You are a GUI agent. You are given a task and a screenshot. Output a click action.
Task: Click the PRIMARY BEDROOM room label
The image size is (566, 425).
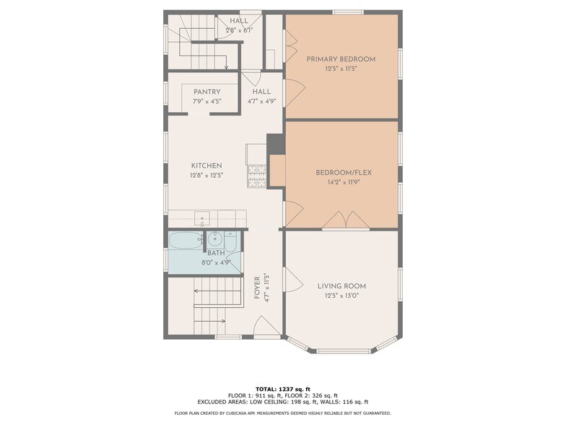click(x=341, y=59)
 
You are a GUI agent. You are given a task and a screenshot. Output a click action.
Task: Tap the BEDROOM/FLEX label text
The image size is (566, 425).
click(x=344, y=173)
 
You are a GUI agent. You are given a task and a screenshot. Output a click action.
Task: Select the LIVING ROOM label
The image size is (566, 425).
click(x=341, y=286)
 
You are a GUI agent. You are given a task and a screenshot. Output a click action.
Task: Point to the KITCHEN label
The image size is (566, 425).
click(x=206, y=166)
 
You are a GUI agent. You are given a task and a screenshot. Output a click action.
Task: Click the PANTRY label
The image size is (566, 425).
click(x=206, y=93)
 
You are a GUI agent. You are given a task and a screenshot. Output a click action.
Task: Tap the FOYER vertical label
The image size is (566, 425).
click(x=257, y=288)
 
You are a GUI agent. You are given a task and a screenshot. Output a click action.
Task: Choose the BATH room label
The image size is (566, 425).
click(x=216, y=253)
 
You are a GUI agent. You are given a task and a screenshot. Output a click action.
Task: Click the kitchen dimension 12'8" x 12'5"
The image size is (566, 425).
click(x=206, y=176)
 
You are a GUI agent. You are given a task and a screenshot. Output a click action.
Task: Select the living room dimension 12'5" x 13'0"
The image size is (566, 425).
click(x=341, y=296)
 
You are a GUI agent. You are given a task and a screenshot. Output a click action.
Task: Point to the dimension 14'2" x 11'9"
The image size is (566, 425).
click(x=344, y=182)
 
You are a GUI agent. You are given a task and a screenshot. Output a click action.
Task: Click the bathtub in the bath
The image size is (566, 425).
click(x=186, y=240)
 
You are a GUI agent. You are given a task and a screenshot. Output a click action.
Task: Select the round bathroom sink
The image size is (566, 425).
click(x=215, y=239)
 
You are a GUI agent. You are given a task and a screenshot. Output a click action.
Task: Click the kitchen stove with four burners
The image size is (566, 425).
click(x=257, y=176)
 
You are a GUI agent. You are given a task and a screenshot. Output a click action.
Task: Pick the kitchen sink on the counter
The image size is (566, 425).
click(x=202, y=218)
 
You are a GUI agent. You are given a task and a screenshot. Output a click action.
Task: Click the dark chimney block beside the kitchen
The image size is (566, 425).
click(x=276, y=145)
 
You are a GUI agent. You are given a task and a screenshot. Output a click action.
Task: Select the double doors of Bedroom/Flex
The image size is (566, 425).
click(x=346, y=220)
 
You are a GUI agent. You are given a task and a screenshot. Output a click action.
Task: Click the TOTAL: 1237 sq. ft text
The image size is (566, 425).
click(x=283, y=389)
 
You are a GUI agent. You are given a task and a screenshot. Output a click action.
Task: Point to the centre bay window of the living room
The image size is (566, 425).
click(x=344, y=351)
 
